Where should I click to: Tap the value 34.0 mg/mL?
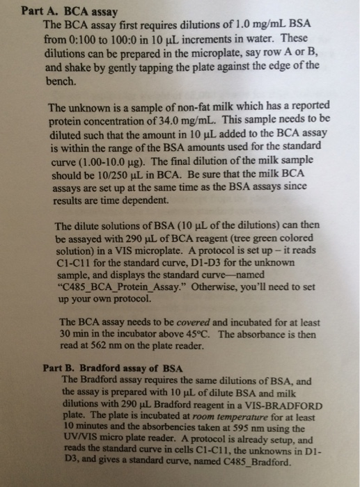(181, 119)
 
